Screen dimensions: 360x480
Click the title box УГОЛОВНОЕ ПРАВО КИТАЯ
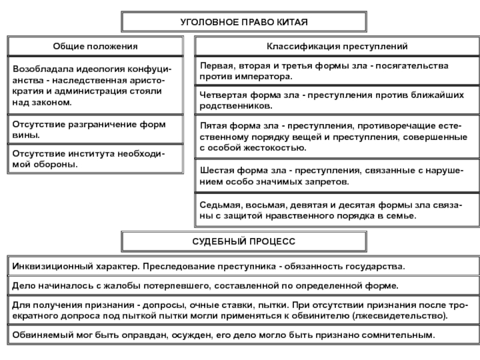click(x=244, y=22)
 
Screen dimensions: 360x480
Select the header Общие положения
click(x=95, y=46)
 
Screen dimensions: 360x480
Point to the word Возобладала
click(x=40, y=70)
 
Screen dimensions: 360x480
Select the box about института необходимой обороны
click(x=95, y=159)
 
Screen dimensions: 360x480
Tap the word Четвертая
click(x=221, y=96)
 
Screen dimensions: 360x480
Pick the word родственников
click(x=236, y=106)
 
